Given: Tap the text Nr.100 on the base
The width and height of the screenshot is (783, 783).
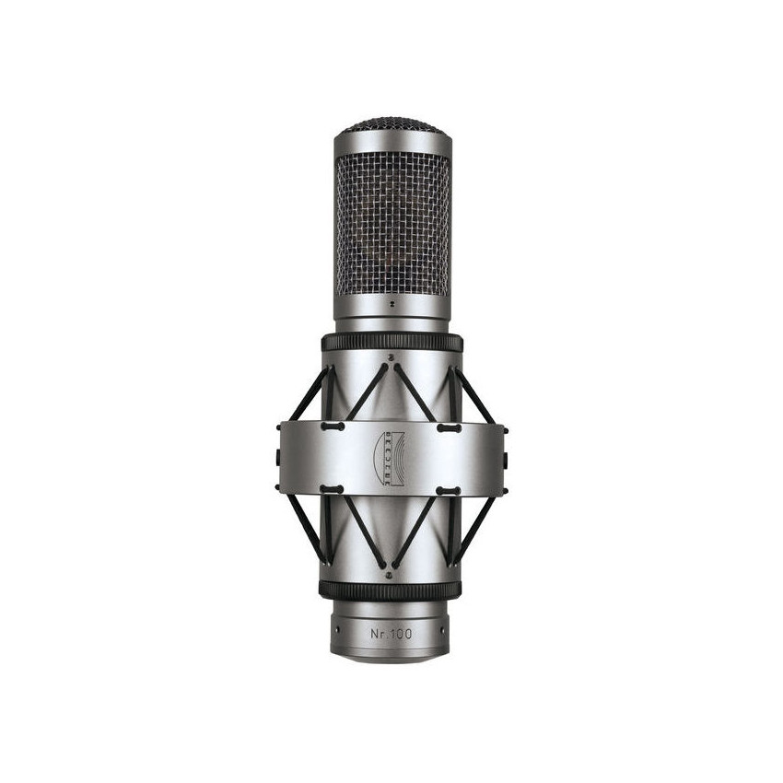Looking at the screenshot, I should [391, 633].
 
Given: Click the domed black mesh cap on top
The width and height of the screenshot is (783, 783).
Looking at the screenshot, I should [391, 125].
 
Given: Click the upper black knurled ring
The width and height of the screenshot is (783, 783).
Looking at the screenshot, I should [391, 343].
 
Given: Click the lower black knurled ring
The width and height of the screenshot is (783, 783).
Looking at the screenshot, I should [391, 590].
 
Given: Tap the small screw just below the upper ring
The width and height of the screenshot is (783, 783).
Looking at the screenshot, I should [391, 355].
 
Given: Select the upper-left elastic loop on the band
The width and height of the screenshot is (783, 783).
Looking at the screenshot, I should [333, 427].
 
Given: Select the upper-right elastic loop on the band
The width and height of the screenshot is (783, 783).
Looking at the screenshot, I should [450, 427].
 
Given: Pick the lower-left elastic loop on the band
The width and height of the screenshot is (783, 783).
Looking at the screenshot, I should [333, 489].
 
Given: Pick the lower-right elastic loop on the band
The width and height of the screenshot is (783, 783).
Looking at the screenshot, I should [450, 489].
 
